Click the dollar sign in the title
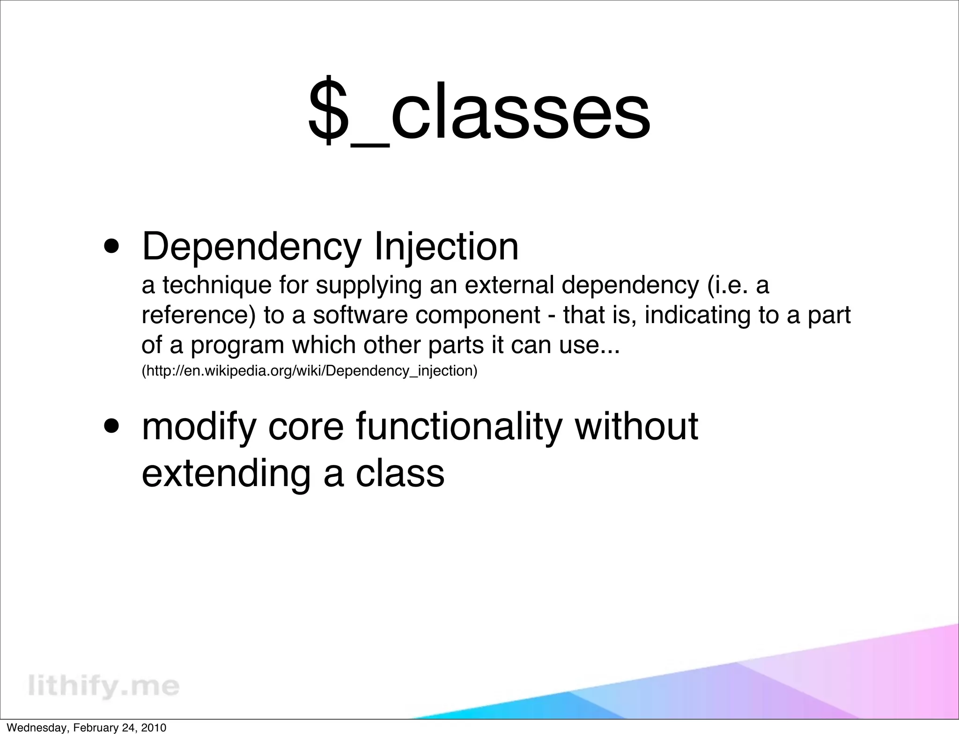328,110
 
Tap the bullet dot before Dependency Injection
111,247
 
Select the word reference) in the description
199,315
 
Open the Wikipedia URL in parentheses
309,371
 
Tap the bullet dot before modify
111,427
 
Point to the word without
636,427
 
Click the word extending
226,473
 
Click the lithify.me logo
103,686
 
